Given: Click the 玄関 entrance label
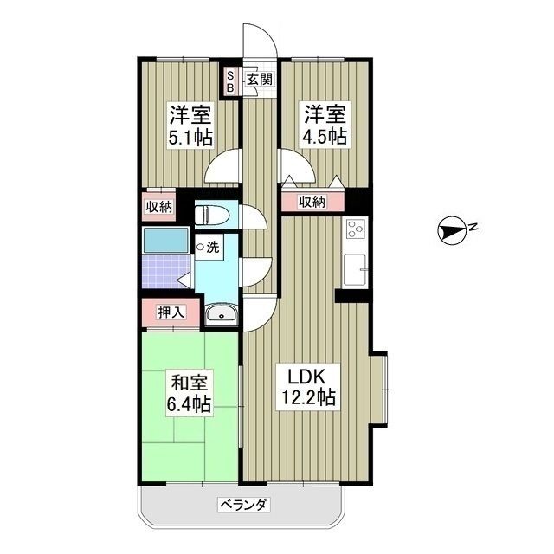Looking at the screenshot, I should [x=259, y=80].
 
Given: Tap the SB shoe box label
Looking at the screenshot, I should [x=230, y=81].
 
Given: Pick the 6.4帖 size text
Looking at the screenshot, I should [x=189, y=403].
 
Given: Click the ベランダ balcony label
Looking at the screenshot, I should [x=241, y=505].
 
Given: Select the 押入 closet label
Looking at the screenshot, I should [x=170, y=312].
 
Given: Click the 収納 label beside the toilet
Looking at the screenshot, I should [x=158, y=206].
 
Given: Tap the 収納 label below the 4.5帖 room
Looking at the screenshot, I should [x=312, y=202].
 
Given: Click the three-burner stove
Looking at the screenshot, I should [x=357, y=229].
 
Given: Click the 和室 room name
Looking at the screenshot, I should [x=189, y=383].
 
